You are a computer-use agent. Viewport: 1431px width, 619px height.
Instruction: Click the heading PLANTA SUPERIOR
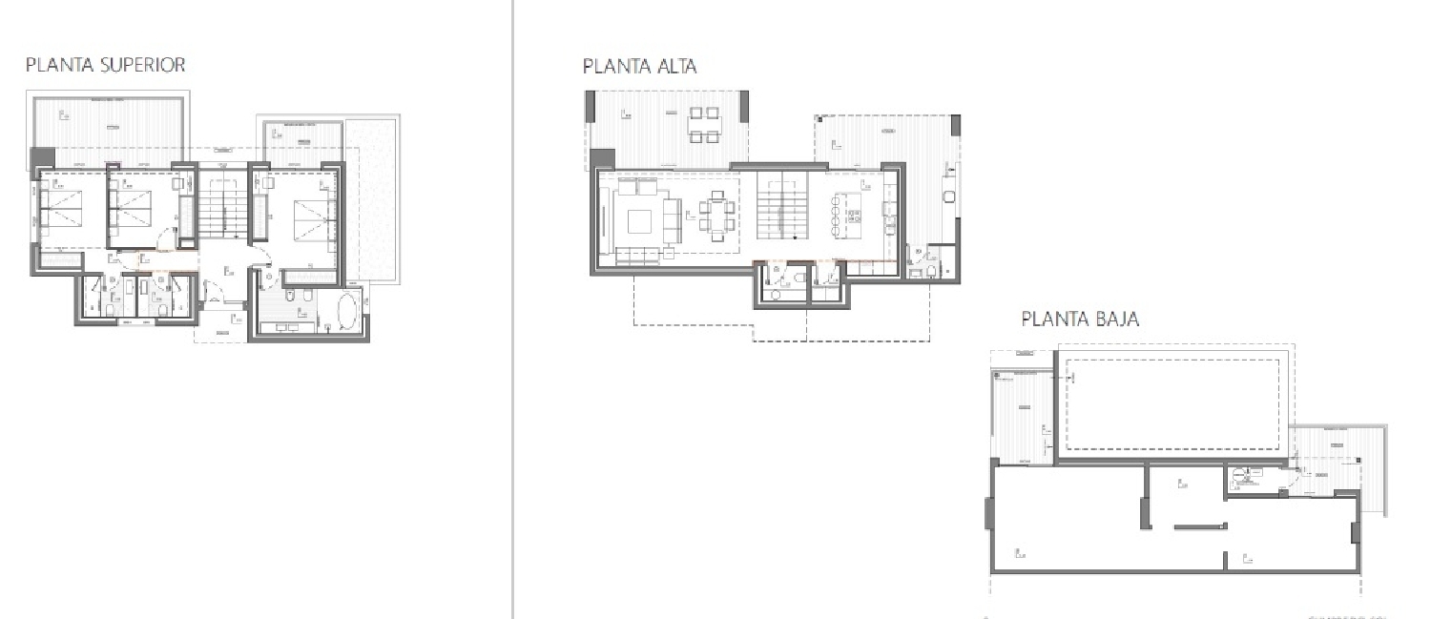[x=105, y=65]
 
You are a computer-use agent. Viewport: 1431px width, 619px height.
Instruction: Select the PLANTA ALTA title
[x=639, y=66]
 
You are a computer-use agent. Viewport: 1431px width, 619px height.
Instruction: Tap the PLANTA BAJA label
[x=1080, y=319]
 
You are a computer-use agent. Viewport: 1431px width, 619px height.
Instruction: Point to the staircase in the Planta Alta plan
[x=782, y=207]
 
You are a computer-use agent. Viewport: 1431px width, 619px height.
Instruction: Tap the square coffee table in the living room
[x=640, y=220]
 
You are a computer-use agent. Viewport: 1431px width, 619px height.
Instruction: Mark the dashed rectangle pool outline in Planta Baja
[x=1172, y=404]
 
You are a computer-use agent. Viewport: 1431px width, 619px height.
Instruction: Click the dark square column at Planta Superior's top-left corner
[x=43, y=157]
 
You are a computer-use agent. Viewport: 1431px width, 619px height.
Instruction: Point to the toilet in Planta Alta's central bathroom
[x=775, y=293]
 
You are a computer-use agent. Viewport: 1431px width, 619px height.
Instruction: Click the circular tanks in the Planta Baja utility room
[x=1239, y=475]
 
